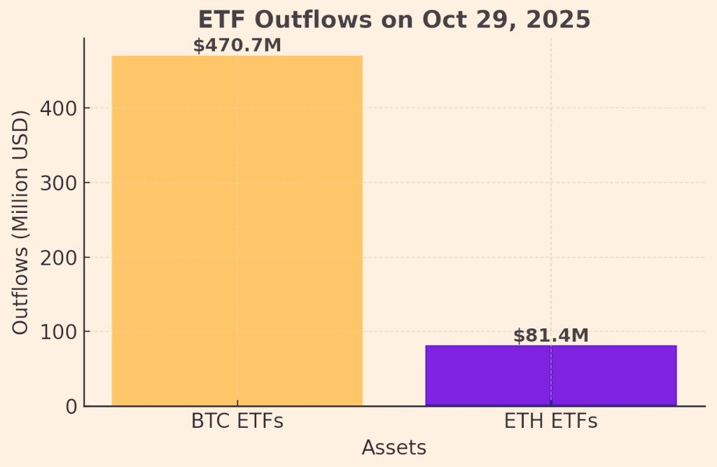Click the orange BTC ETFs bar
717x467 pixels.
pyautogui.click(x=237, y=231)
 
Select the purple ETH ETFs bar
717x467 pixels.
pyautogui.click(x=550, y=375)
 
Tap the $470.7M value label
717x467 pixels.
pyautogui.click(x=237, y=46)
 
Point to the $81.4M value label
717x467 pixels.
pyautogui.click(x=550, y=336)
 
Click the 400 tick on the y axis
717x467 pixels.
pyautogui.click(x=58, y=109)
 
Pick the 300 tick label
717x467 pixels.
pyautogui.click(x=58, y=183)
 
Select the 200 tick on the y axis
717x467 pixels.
pyautogui.click(x=58, y=258)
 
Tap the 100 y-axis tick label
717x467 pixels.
pyautogui.click(x=58, y=332)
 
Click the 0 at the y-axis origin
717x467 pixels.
pyautogui.click(x=70, y=406)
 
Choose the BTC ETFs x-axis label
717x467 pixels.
pyautogui.click(x=237, y=422)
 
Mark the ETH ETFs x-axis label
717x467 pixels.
pyautogui.click(x=550, y=422)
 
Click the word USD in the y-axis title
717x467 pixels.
pyautogui.click(x=22, y=141)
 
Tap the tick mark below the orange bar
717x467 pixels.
pyautogui.click(x=237, y=403)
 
